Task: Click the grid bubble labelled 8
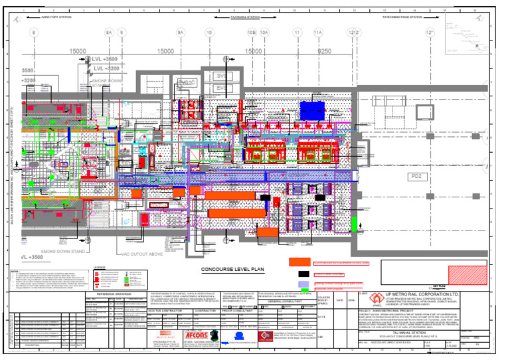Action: point(33,32)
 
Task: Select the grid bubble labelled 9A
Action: point(180,32)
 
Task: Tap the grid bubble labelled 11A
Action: point(318,32)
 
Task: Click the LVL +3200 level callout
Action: point(106,68)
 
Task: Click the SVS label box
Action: point(222,76)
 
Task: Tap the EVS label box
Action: point(222,88)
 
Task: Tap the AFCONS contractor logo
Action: point(197,336)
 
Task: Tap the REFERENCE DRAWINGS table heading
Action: point(115,294)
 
